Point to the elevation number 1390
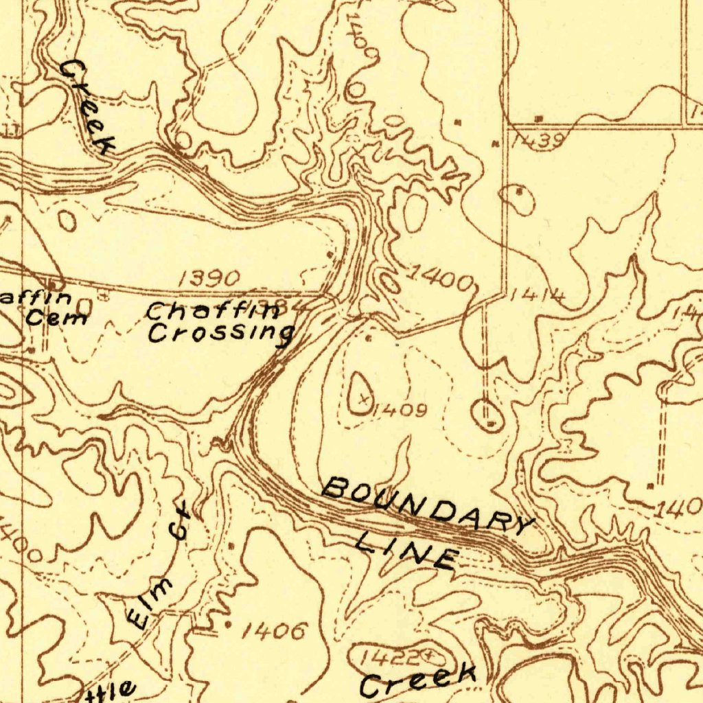209,278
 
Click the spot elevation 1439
539,141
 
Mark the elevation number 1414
538,297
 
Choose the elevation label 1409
402,411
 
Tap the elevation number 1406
275,631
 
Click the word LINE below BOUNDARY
406,548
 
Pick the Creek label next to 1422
418,680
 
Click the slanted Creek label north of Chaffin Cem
87,106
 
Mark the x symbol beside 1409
364,397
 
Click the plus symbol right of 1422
430,655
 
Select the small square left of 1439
496,143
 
